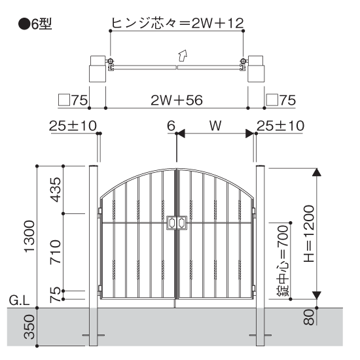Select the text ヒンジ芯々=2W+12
(x=176, y=24)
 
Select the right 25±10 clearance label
(x=280, y=126)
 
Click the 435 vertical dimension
(x=56, y=189)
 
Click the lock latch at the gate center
(x=177, y=223)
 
